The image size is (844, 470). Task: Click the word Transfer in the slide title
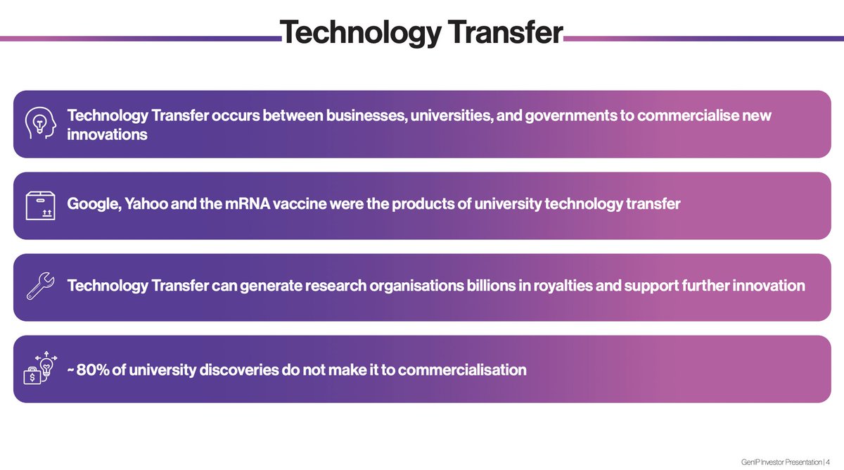coord(495,31)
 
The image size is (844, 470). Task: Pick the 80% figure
coord(92,369)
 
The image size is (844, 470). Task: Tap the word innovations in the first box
coord(107,134)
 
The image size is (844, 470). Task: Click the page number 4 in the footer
coord(827,462)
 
